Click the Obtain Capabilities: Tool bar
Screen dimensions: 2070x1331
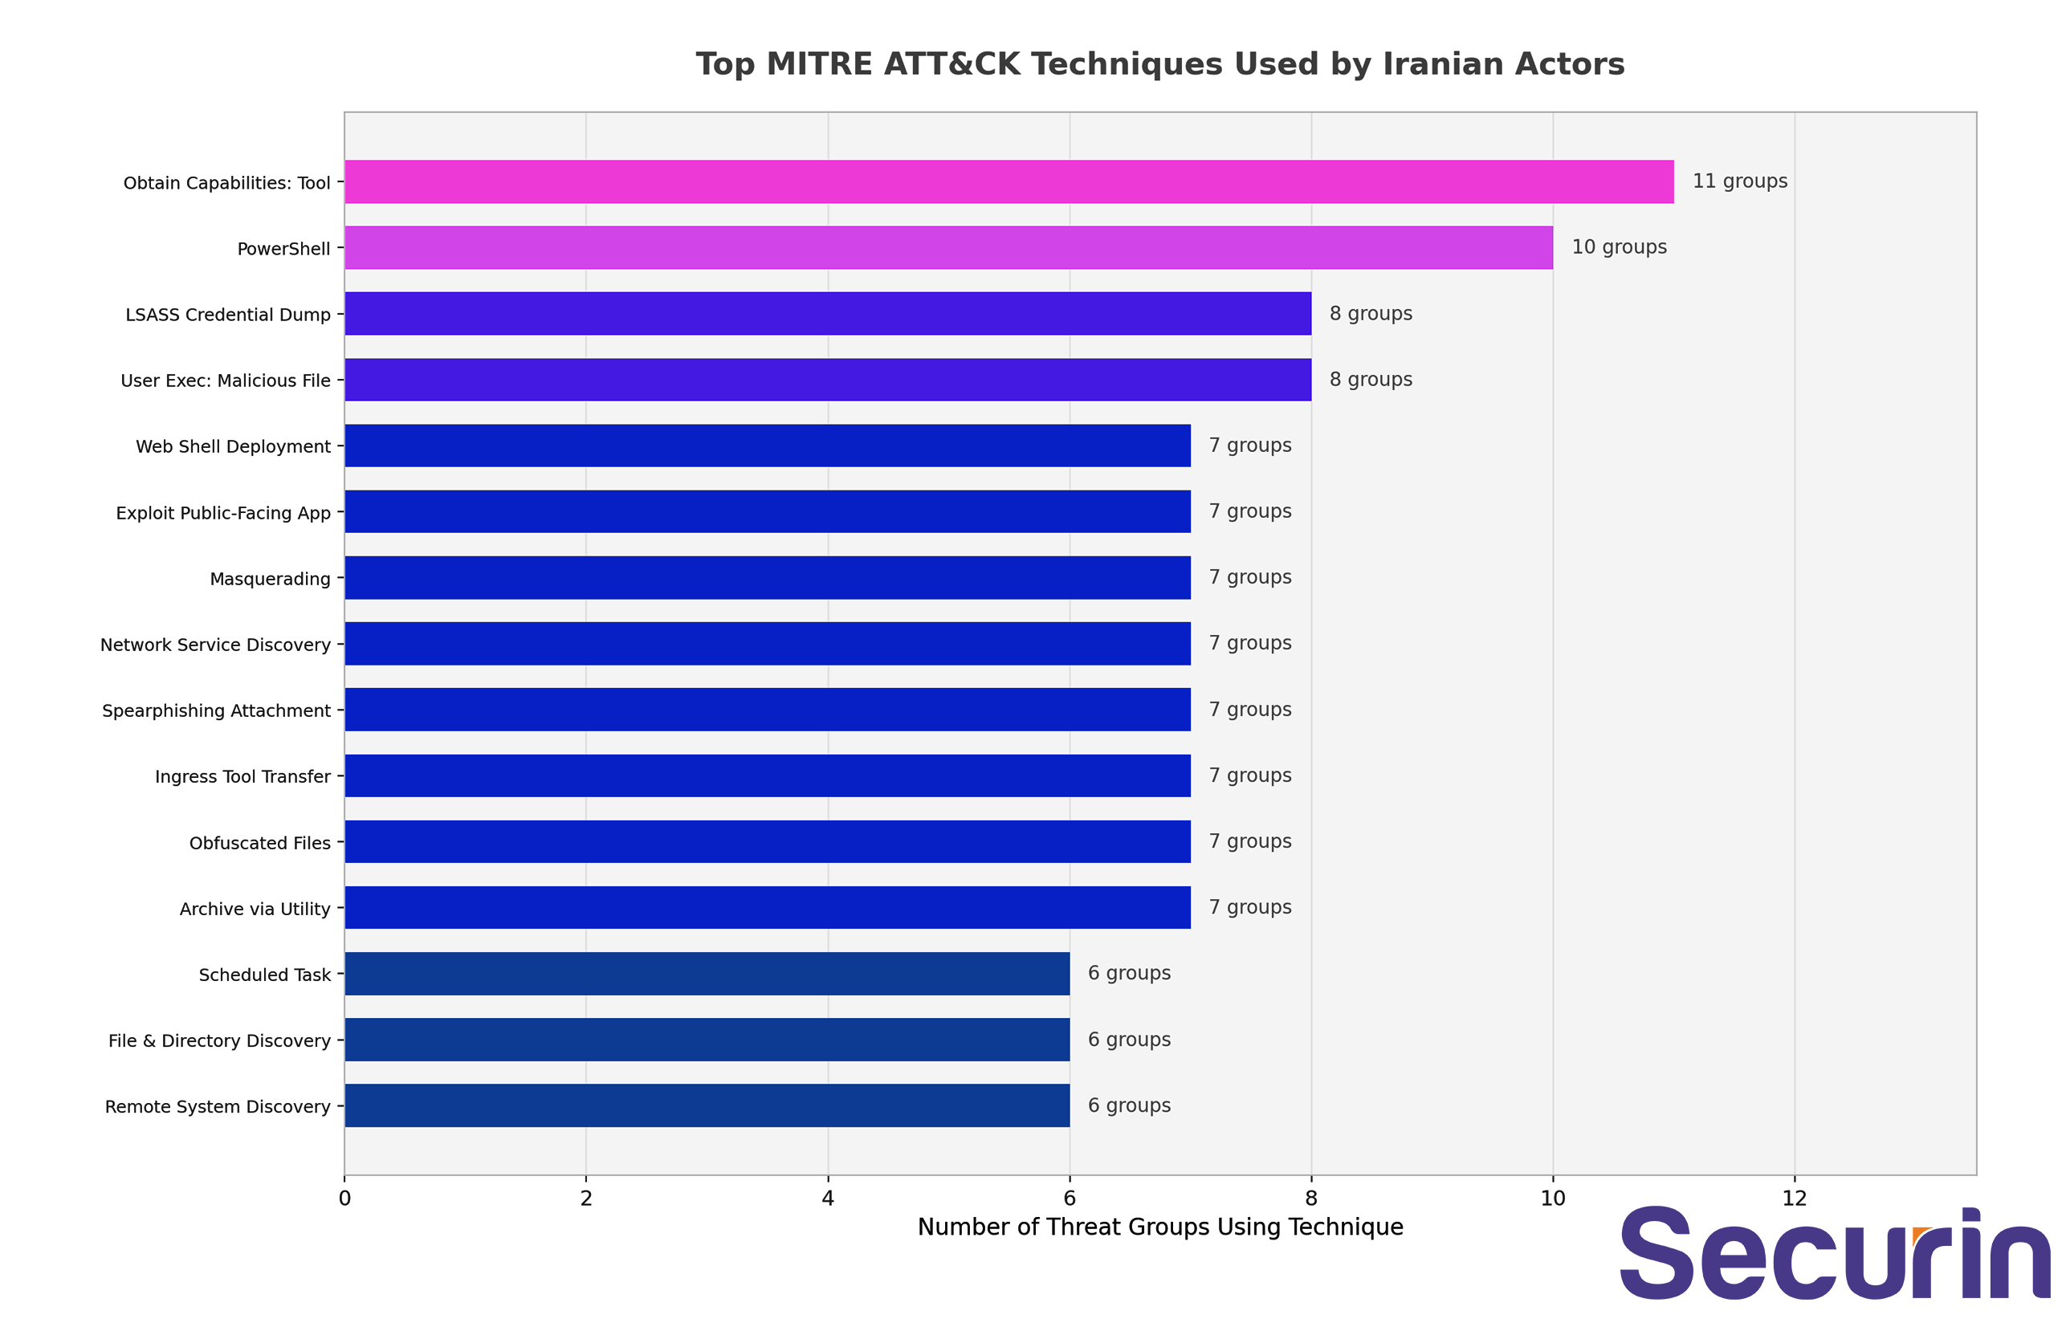1009,181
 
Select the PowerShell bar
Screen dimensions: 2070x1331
949,247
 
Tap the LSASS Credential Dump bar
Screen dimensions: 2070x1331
828,314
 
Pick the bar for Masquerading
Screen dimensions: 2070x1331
768,577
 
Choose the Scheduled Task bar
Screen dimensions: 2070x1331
707,973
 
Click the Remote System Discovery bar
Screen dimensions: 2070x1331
707,1105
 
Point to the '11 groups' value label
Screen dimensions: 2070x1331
1740,181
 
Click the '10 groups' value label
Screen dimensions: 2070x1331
1619,247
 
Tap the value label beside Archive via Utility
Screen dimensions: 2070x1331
1249,907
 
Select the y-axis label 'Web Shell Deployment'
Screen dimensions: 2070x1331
234,447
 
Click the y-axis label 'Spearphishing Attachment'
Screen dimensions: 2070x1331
216,710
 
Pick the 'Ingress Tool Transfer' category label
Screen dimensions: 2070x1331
242,777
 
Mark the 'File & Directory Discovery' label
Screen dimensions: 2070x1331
219,1040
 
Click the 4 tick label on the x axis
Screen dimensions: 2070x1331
828,1198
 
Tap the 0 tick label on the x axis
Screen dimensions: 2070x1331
344,1198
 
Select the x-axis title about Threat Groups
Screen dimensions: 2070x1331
1160,1227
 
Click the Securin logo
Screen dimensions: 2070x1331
1835,1253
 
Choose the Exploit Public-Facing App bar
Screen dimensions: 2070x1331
768,511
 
